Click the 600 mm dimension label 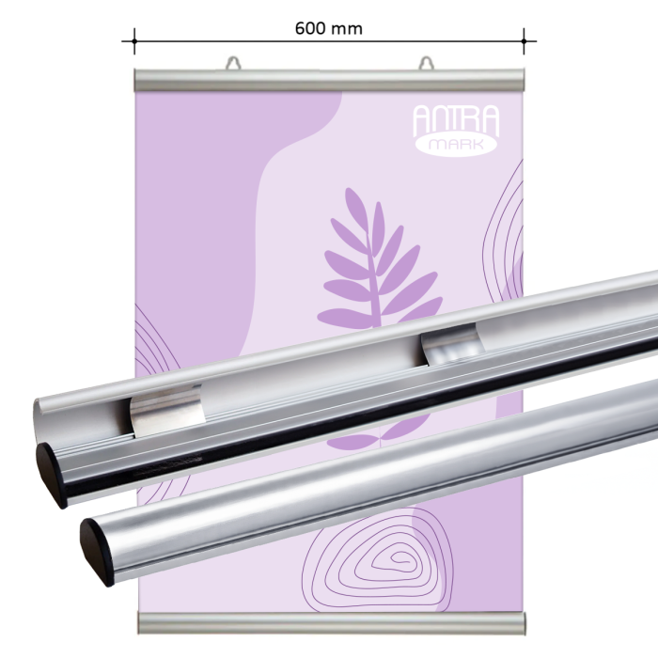[328, 28]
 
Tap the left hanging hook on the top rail [232, 63]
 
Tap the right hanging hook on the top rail [428, 63]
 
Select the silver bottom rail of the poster [329, 622]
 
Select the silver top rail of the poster [329, 80]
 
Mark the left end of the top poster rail [138, 80]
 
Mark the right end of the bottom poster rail [520, 622]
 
